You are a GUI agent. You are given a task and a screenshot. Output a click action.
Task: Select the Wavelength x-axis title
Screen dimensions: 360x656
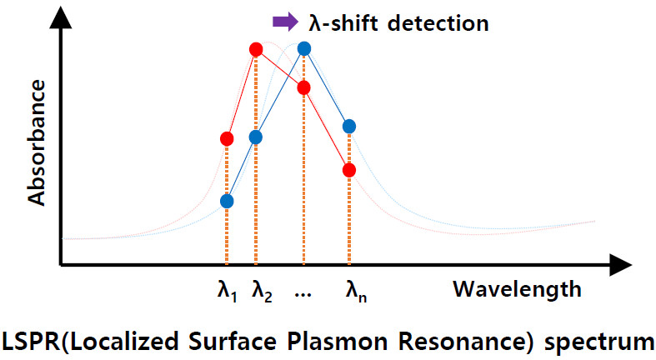coord(517,290)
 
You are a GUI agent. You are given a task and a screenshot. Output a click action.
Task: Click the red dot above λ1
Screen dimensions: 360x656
coord(227,138)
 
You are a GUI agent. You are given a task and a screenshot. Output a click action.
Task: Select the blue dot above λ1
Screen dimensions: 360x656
coord(227,201)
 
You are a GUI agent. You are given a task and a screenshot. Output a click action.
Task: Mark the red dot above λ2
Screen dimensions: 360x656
coord(256,49)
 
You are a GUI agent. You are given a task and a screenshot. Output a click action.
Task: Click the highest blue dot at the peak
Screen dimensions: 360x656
coord(304,48)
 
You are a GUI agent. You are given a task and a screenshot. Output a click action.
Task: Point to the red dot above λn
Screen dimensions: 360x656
coord(349,170)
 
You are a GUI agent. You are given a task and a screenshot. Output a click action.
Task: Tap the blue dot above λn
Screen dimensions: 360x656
coord(349,127)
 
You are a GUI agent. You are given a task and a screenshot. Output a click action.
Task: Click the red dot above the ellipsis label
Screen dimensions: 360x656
coord(303,87)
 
